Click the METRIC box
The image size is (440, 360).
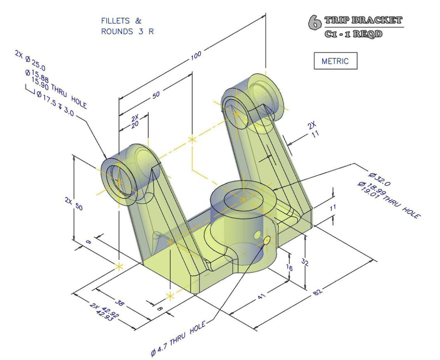335,61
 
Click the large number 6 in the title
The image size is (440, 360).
315,23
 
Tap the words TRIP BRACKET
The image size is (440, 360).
363,20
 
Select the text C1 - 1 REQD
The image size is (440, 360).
353,34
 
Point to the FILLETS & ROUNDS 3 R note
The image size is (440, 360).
128,26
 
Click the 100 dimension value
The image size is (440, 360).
196,55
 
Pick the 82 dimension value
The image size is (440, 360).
318,292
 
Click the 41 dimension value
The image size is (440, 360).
261,296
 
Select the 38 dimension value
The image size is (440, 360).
119,303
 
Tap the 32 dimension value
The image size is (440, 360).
305,262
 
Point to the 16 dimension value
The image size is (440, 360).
289,268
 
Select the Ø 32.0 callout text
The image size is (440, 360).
379,179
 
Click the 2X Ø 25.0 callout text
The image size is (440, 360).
30,60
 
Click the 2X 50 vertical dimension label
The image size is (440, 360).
74,203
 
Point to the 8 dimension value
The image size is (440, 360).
159,309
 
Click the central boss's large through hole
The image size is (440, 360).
244,200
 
